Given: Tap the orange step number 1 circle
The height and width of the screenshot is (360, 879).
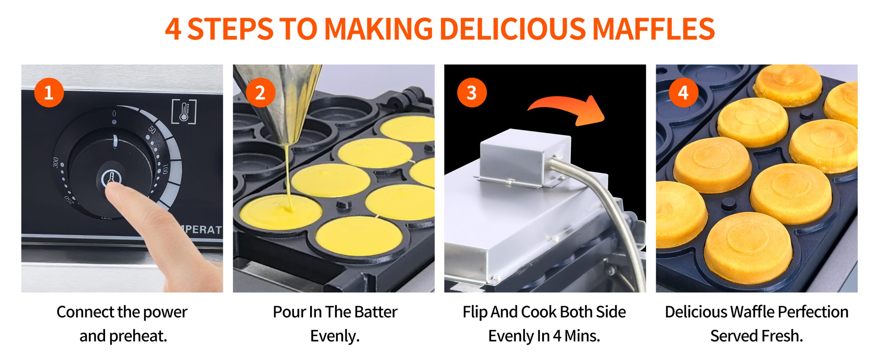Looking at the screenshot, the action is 49,93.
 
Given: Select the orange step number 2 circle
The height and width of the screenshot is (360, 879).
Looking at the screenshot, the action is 261,93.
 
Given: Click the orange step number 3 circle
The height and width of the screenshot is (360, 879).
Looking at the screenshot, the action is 472,93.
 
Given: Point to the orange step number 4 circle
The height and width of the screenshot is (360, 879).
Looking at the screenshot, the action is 683,93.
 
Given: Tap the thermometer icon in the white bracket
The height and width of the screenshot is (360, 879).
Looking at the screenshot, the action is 184,112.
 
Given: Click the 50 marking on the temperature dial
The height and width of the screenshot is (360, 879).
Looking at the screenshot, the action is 152,130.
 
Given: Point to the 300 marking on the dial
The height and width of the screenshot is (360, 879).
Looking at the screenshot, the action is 56,163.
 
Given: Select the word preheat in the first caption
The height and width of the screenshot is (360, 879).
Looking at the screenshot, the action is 138,336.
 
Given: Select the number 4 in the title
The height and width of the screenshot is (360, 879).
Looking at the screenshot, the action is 173,29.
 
